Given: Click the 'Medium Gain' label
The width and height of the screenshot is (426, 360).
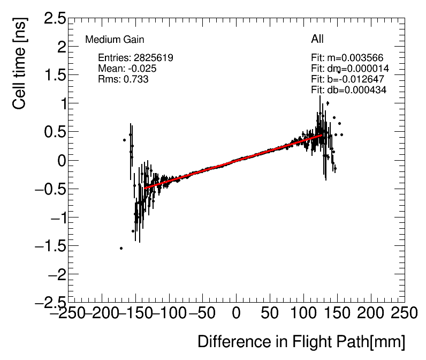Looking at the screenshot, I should [x=115, y=40].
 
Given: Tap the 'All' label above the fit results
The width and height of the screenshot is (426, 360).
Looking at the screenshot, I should [x=317, y=39].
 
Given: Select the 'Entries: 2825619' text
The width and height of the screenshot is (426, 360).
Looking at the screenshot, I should [x=135, y=57].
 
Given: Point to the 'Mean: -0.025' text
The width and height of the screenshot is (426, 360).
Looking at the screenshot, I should [x=127, y=69].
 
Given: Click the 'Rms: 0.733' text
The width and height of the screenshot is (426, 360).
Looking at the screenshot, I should [x=123, y=79].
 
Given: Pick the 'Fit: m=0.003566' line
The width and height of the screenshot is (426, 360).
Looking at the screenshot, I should [x=347, y=58].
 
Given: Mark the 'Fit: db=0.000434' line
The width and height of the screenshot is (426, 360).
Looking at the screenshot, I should [x=349, y=90].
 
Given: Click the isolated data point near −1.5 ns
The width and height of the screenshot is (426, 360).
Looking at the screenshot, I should [x=121, y=248].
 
